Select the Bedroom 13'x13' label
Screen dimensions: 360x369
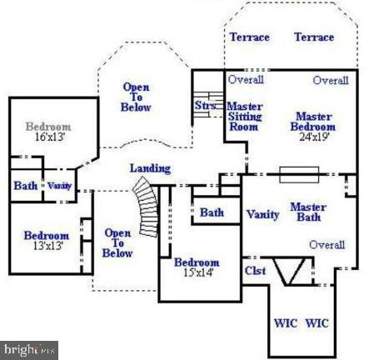click(46, 241)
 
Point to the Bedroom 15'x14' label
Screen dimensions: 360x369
click(197, 268)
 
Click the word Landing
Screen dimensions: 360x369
click(150, 168)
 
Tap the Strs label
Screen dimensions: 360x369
click(205, 106)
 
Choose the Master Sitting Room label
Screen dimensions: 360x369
click(245, 117)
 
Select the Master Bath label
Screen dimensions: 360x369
click(308, 212)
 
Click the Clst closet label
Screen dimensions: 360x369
click(255, 270)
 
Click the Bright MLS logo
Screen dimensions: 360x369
click(29, 350)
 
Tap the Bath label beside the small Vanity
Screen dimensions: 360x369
click(25, 186)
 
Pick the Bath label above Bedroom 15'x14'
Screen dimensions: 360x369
click(212, 212)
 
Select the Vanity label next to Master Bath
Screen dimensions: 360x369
click(262, 214)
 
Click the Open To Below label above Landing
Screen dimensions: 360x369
click(136, 97)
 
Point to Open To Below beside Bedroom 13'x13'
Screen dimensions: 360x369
click(117, 242)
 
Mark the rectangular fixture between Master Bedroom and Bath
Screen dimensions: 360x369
click(294, 175)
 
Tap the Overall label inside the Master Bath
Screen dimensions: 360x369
click(327, 245)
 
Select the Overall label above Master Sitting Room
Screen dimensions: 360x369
click(247, 80)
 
